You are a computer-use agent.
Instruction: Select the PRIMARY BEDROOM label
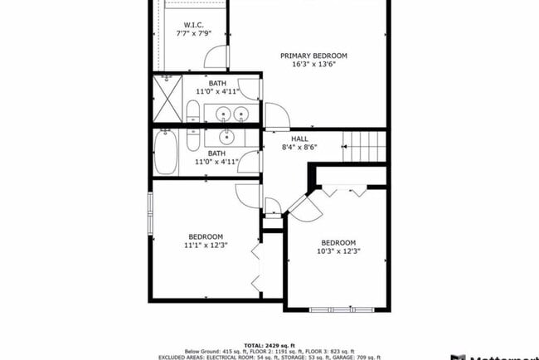[x=313, y=56]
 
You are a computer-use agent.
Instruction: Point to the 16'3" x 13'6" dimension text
[x=313, y=65]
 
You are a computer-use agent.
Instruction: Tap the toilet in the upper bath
[x=192, y=114]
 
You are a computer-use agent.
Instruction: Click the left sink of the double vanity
[x=222, y=114]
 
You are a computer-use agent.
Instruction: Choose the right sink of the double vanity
[x=241, y=114]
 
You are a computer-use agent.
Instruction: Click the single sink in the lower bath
[x=227, y=138]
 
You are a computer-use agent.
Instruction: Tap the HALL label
[x=299, y=139]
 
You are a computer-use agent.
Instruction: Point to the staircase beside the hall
[x=367, y=148]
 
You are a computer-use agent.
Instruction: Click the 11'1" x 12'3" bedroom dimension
[x=205, y=246]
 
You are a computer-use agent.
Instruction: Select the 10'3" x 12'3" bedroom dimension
[x=337, y=252]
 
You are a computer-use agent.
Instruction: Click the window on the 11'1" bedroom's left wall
[x=150, y=215]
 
